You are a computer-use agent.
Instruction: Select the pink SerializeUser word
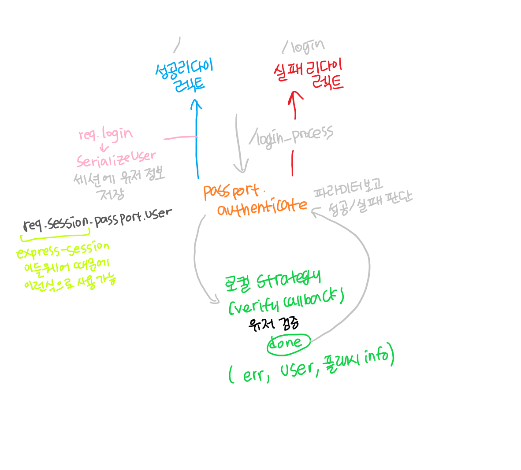[116, 159]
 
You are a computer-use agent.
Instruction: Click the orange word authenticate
[262, 207]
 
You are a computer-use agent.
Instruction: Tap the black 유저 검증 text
[274, 325]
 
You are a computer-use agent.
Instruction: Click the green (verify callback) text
[286, 302]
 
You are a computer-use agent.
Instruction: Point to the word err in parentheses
[254, 375]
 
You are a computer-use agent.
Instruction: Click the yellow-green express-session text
[63, 250]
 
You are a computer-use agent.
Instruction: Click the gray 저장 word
[112, 194]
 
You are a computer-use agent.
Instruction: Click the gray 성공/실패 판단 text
[370, 204]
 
